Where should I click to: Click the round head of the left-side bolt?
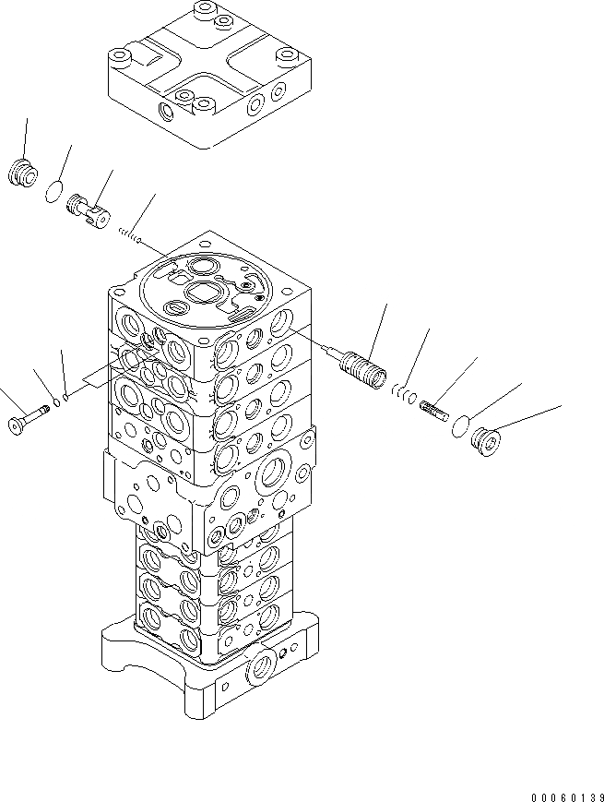(x=16, y=425)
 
